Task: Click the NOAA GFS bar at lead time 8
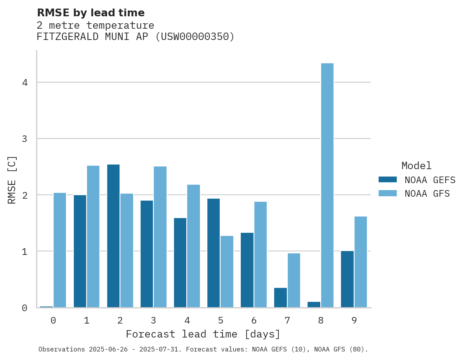(327, 185)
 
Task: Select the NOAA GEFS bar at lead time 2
(113, 236)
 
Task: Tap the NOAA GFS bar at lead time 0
(60, 250)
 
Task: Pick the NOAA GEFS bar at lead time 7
(280, 298)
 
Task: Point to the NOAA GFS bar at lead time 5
(227, 272)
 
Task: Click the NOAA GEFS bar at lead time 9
(347, 279)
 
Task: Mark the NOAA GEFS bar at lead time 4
(180, 263)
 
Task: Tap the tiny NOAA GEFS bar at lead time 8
(314, 305)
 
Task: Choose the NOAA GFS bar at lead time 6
(260, 254)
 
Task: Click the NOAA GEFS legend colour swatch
(388, 180)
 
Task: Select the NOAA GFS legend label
(427, 194)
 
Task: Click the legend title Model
(416, 166)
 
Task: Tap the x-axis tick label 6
(254, 321)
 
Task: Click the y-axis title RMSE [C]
(12, 180)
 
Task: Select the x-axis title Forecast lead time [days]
(203, 334)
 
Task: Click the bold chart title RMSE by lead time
(90, 13)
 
